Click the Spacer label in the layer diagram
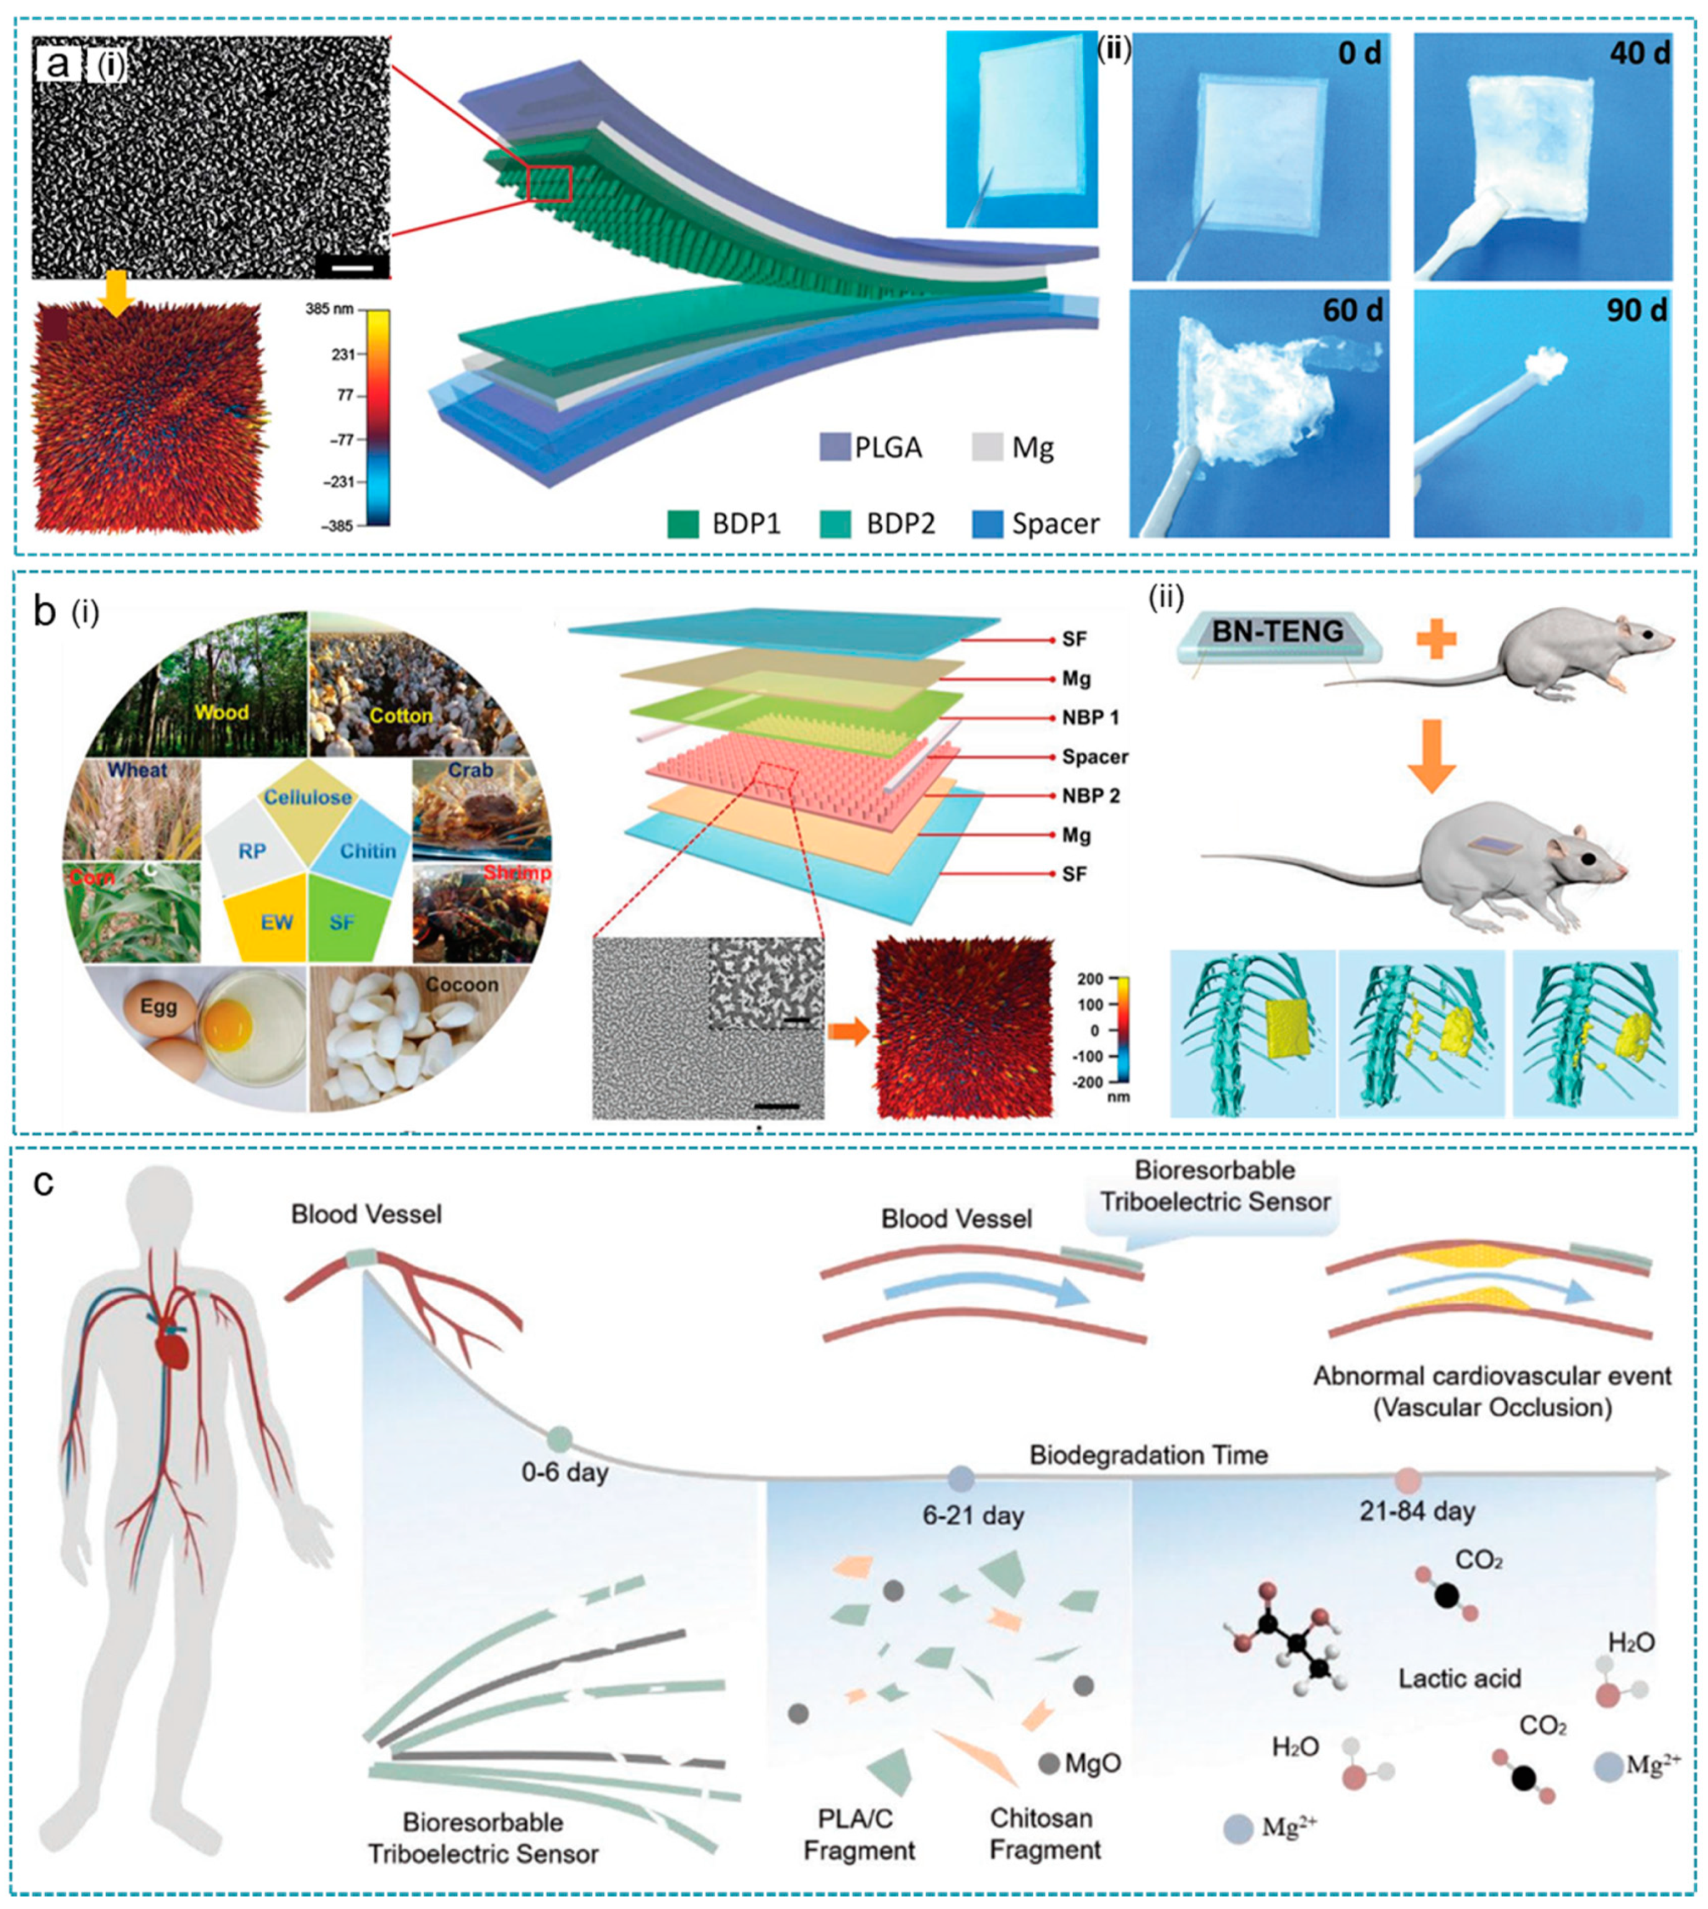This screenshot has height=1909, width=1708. point(1095,756)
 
